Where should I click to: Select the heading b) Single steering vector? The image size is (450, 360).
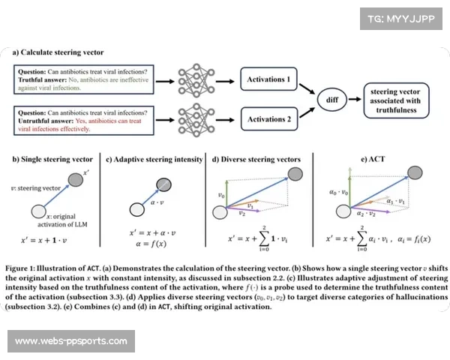[x=52, y=160]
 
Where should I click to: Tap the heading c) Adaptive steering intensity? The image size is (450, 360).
[x=154, y=160]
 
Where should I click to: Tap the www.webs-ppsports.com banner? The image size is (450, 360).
[x=71, y=341]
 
